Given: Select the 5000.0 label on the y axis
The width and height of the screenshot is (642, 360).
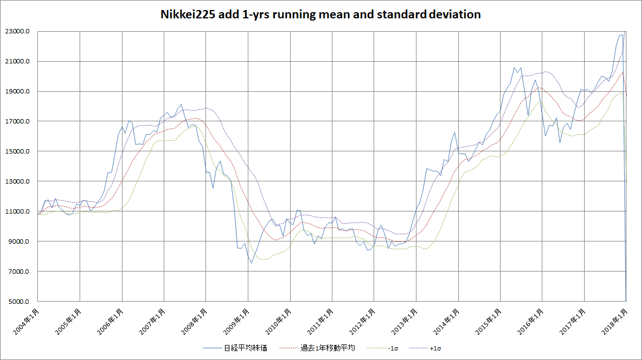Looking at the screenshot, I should pyautogui.click(x=21, y=302).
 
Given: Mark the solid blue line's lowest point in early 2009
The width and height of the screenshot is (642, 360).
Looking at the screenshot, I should pyautogui.click(x=251, y=263).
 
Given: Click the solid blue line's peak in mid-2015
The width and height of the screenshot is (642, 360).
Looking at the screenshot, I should pyautogui.click(x=514, y=68).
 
